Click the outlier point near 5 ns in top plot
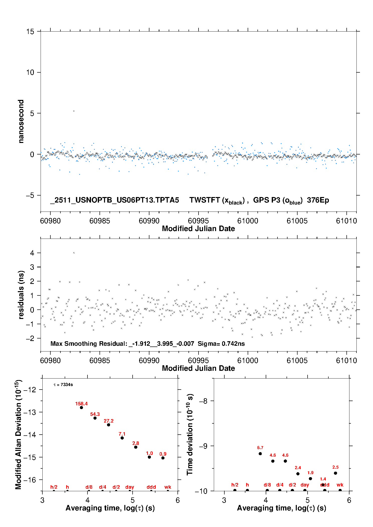click(74, 111)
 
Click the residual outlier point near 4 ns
click(74, 253)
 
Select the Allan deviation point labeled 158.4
click(81, 408)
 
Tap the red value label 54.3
click(95, 414)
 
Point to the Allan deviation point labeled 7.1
click(122, 438)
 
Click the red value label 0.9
click(163, 454)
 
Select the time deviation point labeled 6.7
click(260, 454)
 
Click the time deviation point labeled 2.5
click(335, 473)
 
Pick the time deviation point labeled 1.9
click(310, 479)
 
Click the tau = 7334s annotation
click(63, 385)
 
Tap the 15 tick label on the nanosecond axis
click(30, 32)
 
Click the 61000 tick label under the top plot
click(248, 221)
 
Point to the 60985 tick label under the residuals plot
click(100, 361)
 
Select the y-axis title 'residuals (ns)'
click(21, 295)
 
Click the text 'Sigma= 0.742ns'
click(221, 343)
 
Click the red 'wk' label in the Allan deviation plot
click(168, 487)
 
